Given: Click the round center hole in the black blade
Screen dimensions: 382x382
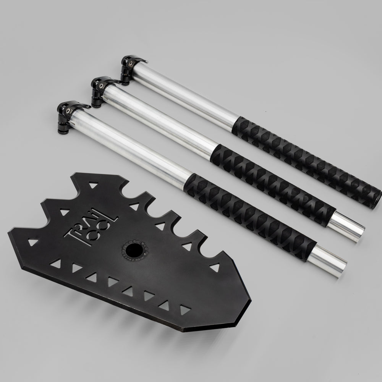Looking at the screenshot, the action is [134, 251].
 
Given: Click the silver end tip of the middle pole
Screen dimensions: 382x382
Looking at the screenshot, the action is [346, 227].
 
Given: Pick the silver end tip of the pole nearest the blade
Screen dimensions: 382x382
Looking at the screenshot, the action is [327, 261].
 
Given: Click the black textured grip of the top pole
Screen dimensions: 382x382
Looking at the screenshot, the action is [305, 161].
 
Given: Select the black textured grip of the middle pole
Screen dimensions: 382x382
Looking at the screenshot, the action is [273, 185].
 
